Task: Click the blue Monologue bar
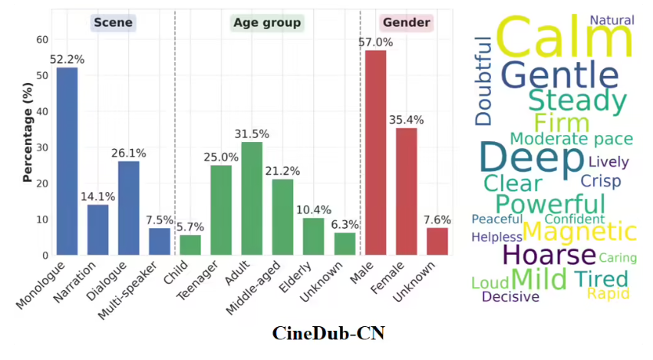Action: pyautogui.click(x=67, y=161)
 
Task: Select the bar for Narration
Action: pyautogui.click(x=97, y=230)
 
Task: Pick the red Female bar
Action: pyautogui.click(x=406, y=191)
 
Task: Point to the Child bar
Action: pyautogui.click(x=190, y=245)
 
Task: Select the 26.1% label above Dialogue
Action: pyautogui.click(x=128, y=154)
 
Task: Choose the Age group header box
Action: pyautogui.click(x=267, y=22)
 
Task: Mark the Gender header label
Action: pyautogui.click(x=406, y=22)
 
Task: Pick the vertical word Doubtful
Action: pyautogui.click(x=483, y=81)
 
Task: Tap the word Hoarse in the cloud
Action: pyautogui.click(x=549, y=255)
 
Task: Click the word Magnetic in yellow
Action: pyautogui.click(x=579, y=231)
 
